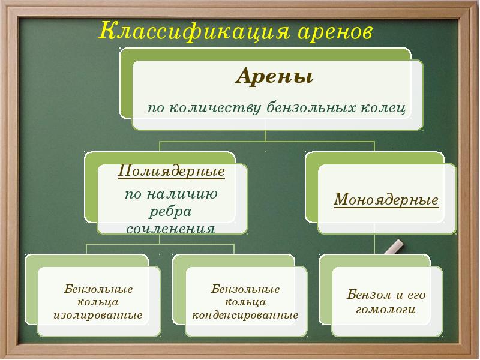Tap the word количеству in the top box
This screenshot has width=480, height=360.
click(215, 108)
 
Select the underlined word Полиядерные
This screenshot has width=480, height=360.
click(172, 171)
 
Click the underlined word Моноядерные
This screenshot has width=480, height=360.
click(386, 199)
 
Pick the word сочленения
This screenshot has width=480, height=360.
click(171, 229)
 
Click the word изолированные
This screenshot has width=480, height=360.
click(98, 314)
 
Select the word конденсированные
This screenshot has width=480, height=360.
click(245, 314)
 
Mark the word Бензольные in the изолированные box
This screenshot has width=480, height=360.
click(98, 289)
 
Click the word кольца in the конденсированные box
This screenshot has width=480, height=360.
click(245, 302)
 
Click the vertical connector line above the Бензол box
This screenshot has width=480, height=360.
click(375, 243)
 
